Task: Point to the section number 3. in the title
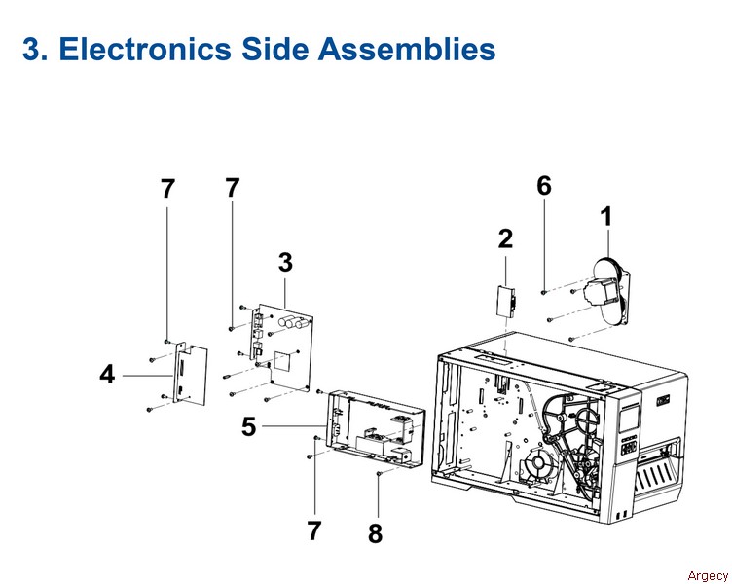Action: point(36,49)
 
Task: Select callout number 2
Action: point(505,237)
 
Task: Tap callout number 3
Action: point(285,262)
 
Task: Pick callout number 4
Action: point(107,373)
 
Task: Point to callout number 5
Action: point(250,426)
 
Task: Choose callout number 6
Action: point(544,185)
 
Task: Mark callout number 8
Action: point(374,533)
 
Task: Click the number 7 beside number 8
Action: point(313,530)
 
